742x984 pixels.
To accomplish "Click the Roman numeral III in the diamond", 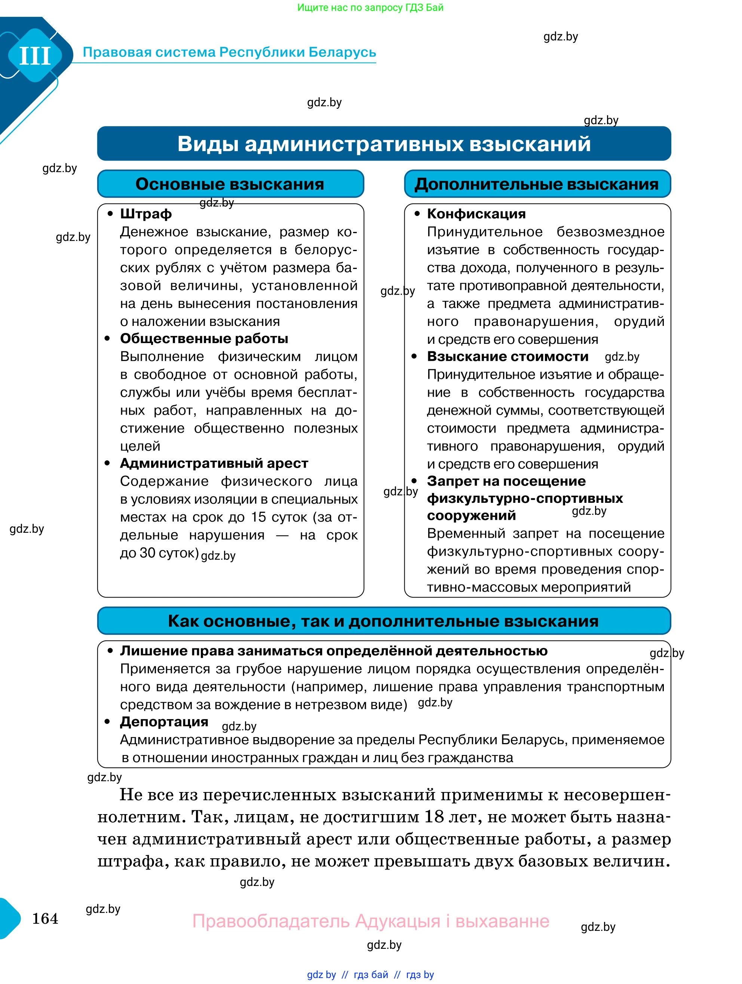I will click(35, 56).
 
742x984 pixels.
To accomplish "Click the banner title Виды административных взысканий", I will click(384, 144).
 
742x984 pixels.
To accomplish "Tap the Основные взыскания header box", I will click(230, 184).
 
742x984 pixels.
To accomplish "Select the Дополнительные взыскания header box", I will click(537, 184).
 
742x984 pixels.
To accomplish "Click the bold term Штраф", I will click(146, 214).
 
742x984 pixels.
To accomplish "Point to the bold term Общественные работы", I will click(204, 339).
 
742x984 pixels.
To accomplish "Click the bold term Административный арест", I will click(214, 463).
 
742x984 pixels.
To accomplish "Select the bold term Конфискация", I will click(476, 214).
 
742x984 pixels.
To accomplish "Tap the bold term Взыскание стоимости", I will click(507, 356).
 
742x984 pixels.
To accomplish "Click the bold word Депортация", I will click(164, 722).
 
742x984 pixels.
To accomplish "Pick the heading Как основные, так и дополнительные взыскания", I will click(383, 621).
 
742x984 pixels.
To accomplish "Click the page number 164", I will click(45, 919).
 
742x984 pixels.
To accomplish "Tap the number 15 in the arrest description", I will click(258, 517).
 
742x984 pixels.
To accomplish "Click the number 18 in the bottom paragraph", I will click(434, 817).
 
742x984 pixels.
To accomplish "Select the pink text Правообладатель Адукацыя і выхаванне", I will click(371, 921).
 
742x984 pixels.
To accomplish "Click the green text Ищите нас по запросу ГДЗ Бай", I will click(370, 7).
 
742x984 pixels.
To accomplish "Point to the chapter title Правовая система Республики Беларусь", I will click(229, 52).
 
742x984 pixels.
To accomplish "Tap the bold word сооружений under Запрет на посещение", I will click(471, 515).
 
